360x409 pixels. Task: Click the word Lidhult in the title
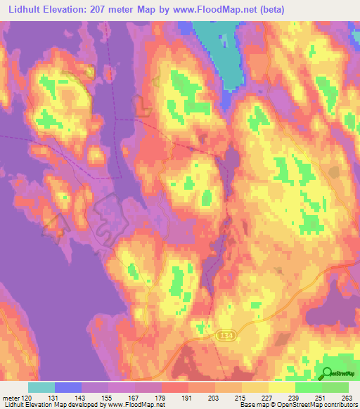(x=22, y=9)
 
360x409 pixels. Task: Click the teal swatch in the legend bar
(x=41, y=387)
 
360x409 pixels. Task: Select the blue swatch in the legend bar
(x=68, y=387)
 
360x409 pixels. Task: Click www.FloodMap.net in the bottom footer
(x=133, y=405)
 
